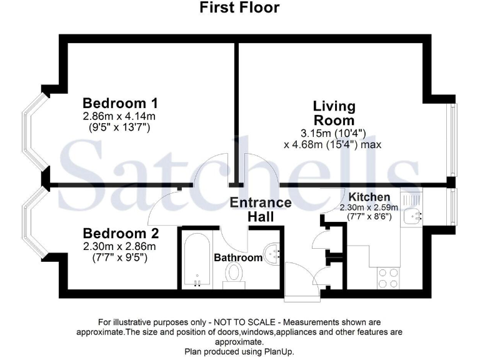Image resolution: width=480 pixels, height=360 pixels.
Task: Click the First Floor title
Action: pyautogui.click(x=239, y=8)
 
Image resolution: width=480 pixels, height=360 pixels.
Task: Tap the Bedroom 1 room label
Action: pyautogui.click(x=120, y=103)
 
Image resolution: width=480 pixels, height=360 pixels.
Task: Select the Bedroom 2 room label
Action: pyautogui.click(x=120, y=234)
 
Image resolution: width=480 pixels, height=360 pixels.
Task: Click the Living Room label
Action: pyautogui.click(x=334, y=113)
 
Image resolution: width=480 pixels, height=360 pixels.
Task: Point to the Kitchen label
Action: pyautogui.click(x=369, y=197)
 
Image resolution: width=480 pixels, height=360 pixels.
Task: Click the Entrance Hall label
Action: pyautogui.click(x=261, y=209)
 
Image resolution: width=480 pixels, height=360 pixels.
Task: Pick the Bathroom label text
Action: pyautogui.click(x=238, y=257)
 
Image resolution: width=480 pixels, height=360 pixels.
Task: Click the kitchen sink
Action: pyautogui.click(x=412, y=214)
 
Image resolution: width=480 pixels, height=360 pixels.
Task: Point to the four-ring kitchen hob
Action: pyautogui.click(x=388, y=277)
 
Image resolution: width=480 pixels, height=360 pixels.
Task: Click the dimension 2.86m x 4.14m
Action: pyautogui.click(x=119, y=116)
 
